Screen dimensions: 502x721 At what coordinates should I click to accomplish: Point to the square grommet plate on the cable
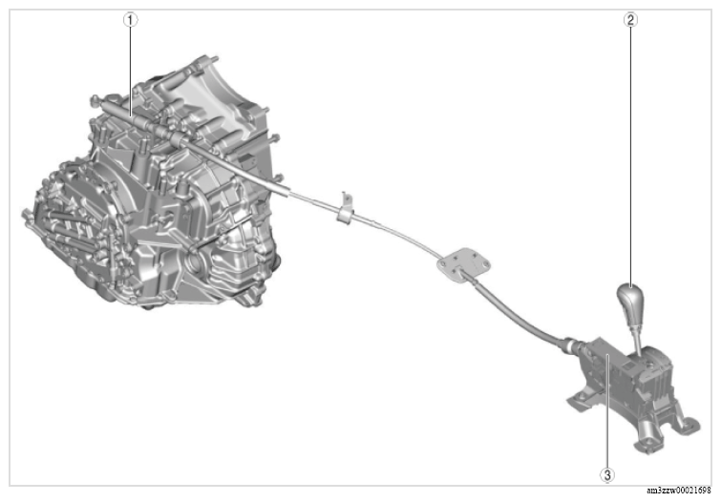460,261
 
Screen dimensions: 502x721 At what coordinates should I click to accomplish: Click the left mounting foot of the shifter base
577,402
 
